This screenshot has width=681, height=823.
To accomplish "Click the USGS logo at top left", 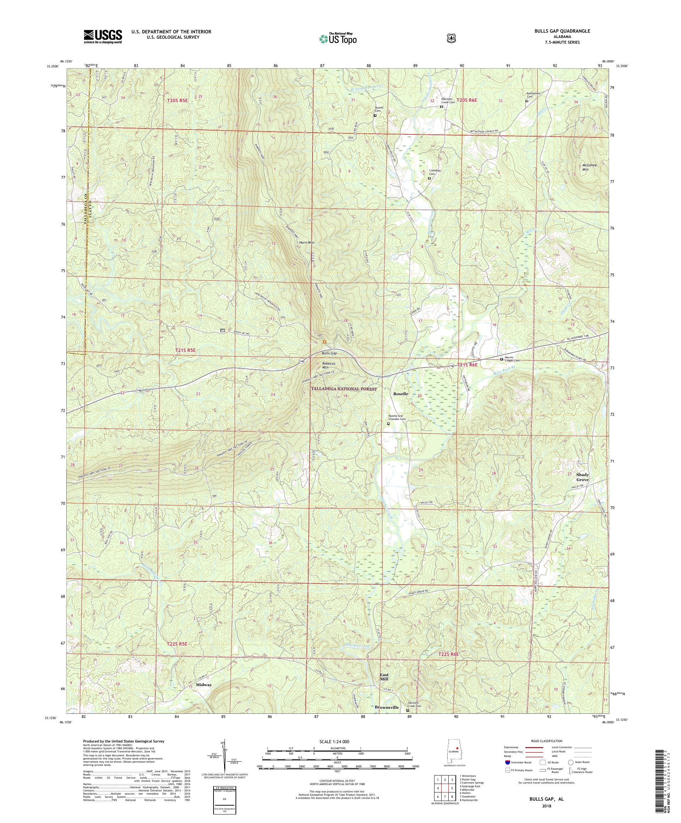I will [x=103, y=37].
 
